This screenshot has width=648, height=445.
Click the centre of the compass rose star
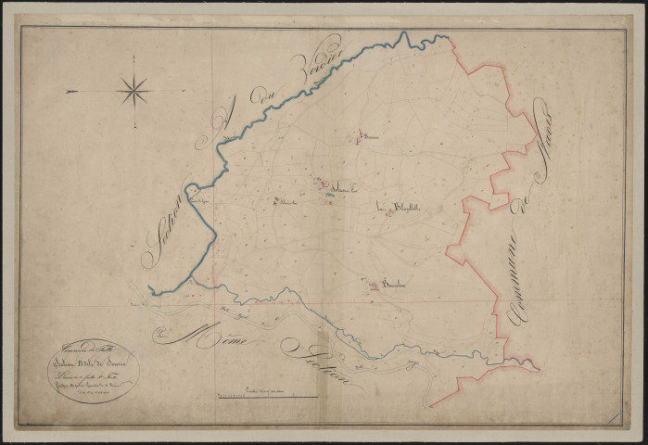[133, 91]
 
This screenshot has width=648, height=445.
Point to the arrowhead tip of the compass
[68, 91]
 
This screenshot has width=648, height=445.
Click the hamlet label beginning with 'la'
[408, 206]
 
